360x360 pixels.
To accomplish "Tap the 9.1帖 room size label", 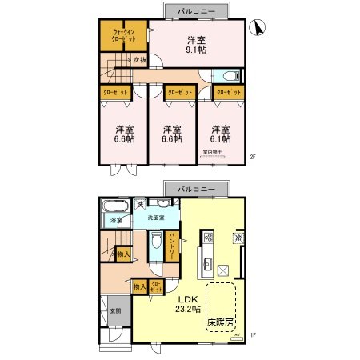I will [x=197, y=50].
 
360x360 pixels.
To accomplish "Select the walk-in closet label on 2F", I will [x=123, y=37].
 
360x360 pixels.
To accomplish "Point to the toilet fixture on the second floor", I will [x=230, y=77].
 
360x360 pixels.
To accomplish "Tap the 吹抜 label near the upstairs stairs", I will [x=139, y=58].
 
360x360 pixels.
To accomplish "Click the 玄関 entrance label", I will [x=114, y=310].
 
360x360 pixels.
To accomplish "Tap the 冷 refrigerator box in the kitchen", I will [x=238, y=237].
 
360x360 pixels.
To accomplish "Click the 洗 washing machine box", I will [x=139, y=205].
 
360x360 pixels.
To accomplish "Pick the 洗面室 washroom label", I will [x=156, y=217].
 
